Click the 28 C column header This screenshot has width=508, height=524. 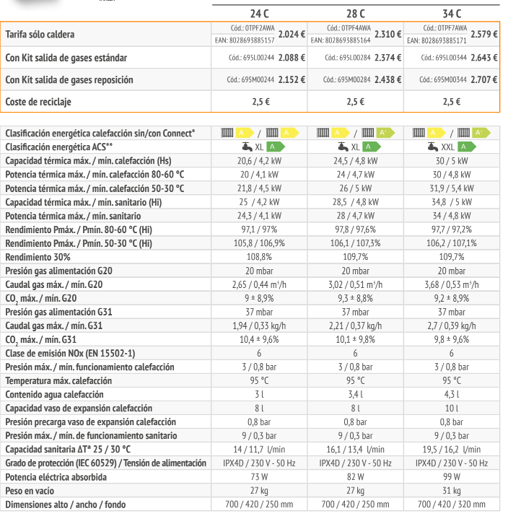[355, 12]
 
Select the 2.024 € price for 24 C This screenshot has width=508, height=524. [292, 34]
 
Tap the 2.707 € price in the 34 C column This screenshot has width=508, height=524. [483, 79]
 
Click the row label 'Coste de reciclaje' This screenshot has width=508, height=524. [38, 102]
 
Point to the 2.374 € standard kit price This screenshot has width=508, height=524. [388, 57]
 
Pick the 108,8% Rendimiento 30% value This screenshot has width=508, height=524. [258, 256]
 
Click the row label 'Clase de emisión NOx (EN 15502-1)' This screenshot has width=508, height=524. [70, 353]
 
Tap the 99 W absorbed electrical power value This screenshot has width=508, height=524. [451, 477]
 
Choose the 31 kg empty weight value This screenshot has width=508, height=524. [451, 491]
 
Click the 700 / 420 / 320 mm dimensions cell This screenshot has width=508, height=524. [451, 505]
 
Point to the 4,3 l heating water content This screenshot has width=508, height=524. [451, 394]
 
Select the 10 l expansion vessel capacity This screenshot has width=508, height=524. [451, 408]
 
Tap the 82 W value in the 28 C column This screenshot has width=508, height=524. [355, 477]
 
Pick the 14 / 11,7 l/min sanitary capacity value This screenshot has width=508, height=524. [258, 449]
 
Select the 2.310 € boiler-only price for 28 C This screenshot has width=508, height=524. [388, 34]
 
